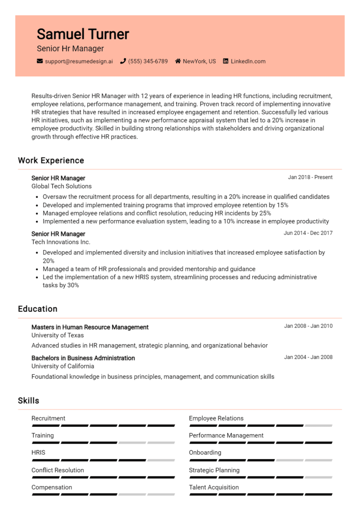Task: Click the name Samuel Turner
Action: point(82,34)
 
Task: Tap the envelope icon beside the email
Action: point(40,61)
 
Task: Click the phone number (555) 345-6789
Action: point(148,61)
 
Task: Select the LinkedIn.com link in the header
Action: point(248,61)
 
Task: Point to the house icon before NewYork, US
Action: point(178,61)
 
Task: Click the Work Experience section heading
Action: point(51,160)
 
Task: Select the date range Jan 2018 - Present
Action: point(310,177)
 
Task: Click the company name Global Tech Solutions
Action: point(61,186)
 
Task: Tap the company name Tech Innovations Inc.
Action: point(61,242)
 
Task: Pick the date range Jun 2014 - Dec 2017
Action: point(308,233)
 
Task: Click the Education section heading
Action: point(37,309)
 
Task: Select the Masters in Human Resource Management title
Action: point(90,327)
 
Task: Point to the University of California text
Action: point(63,366)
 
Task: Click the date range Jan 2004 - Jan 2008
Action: point(308,357)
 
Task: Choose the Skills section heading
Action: point(29,401)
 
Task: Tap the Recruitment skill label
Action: point(48,418)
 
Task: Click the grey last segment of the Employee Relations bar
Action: point(318,425)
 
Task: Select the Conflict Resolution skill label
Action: point(58,470)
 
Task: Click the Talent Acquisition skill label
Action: point(214,487)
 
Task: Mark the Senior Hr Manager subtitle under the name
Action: point(70,48)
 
